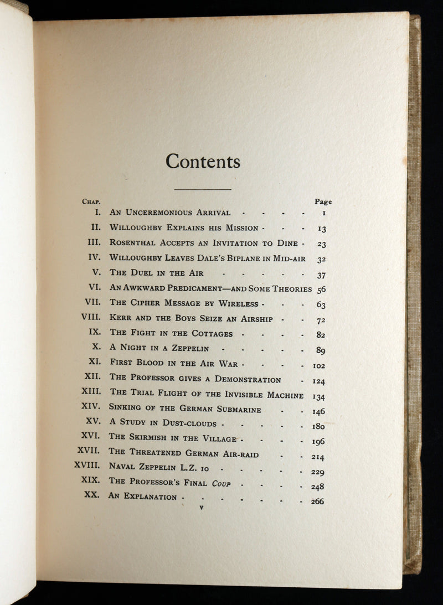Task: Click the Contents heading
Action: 203,161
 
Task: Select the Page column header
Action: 323,202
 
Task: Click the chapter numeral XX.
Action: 91,494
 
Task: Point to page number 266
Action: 318,501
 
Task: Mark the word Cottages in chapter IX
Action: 212,334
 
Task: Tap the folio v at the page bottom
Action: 202,508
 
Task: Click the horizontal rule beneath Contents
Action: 202,189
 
